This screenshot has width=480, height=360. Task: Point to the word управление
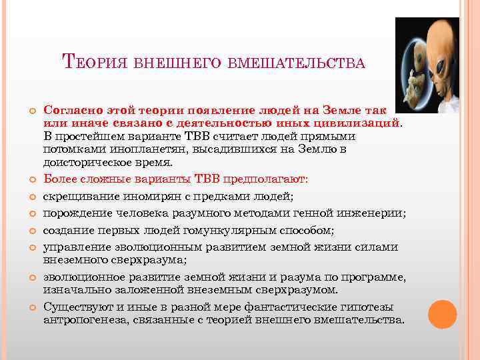75,247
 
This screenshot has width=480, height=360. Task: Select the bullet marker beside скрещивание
31,196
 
